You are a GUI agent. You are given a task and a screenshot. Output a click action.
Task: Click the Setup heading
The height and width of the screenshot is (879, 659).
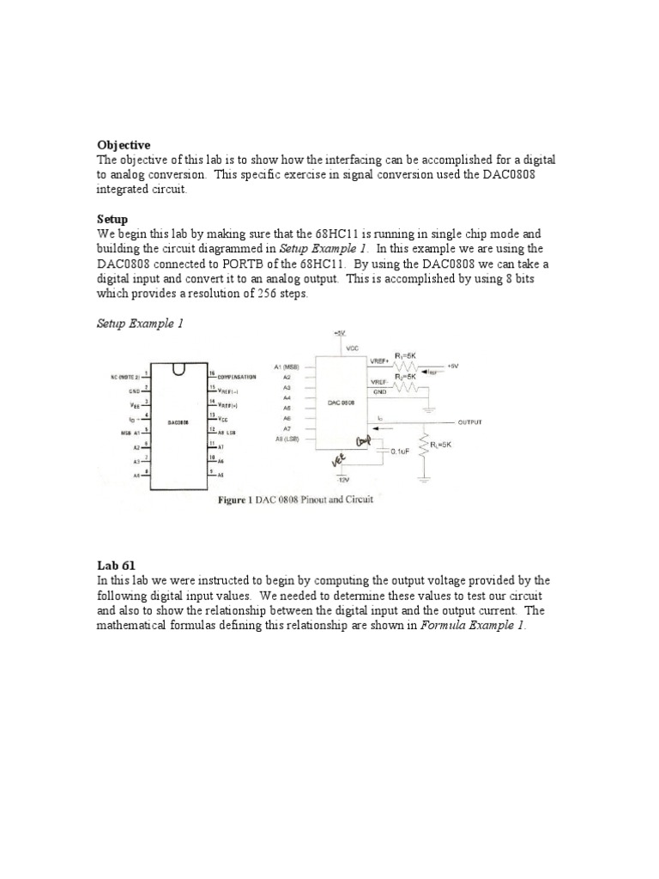(x=112, y=220)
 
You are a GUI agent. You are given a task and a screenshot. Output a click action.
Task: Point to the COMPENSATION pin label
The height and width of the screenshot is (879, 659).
(x=238, y=376)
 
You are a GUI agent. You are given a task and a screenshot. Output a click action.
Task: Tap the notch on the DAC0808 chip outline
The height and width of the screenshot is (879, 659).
(x=178, y=370)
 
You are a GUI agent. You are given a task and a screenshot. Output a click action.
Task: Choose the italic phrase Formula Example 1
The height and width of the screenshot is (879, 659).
(x=471, y=626)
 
